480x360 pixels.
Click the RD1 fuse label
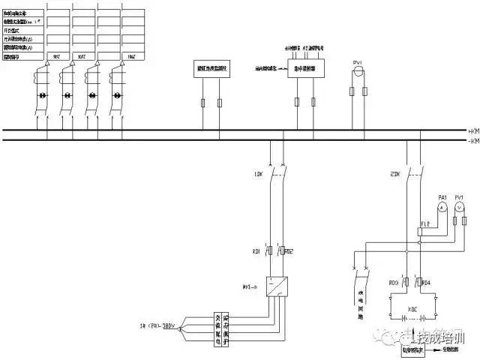(x=257, y=251)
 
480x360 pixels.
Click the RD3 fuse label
(x=394, y=283)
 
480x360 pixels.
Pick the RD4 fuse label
(x=427, y=283)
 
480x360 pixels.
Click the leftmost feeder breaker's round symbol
(x=42, y=95)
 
